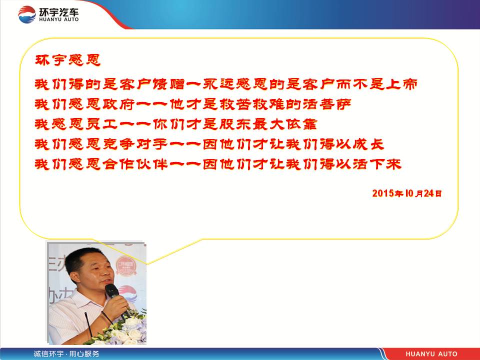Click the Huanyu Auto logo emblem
tap(27, 14)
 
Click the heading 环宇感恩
tap(67, 60)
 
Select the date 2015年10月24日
tap(407, 193)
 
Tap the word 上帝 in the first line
tap(401, 84)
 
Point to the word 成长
tap(368, 144)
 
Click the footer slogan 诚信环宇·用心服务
tap(66, 354)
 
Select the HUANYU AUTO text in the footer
tap(431, 354)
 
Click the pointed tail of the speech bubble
tap(147, 263)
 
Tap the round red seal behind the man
tap(125, 265)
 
